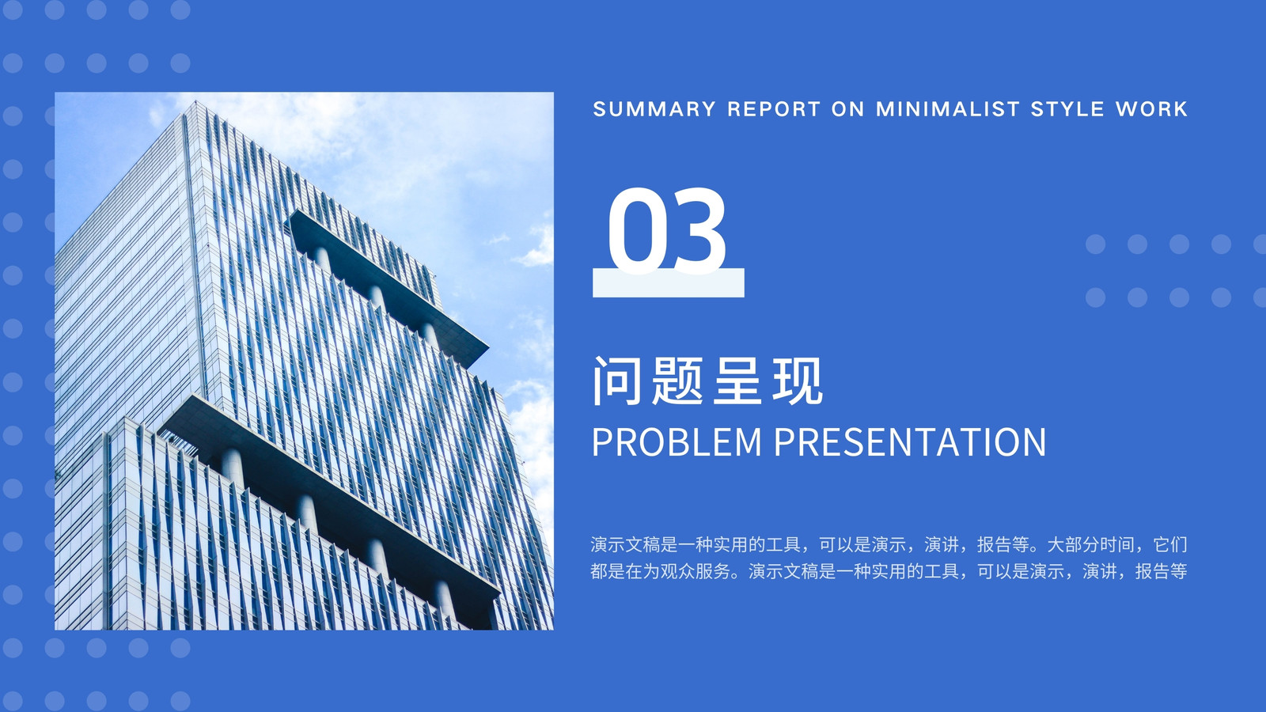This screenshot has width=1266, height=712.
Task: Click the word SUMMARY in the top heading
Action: click(654, 108)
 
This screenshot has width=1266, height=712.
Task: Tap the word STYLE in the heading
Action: click(1067, 108)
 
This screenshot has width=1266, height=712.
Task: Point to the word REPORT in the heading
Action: click(774, 108)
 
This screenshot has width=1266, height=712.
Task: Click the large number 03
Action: click(666, 230)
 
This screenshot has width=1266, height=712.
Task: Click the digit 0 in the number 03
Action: click(635, 230)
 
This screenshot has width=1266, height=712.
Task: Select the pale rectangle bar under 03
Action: click(668, 282)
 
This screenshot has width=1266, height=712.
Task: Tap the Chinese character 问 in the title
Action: click(617, 381)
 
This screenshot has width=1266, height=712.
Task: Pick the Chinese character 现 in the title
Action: click(798, 381)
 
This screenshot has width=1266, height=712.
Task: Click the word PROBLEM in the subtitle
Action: click(677, 442)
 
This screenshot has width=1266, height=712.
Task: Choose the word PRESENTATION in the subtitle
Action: click(909, 442)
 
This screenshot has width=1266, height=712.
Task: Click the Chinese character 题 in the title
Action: click(677, 381)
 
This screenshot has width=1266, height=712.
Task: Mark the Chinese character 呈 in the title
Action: click(737, 381)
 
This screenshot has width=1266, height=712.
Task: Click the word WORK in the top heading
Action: click(1151, 108)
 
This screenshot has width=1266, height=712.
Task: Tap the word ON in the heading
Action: click(847, 108)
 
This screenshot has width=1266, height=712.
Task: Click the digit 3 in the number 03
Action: click(697, 230)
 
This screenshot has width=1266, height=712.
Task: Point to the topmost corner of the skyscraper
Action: click(195, 101)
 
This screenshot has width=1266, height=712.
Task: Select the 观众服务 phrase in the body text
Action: click(696, 571)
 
